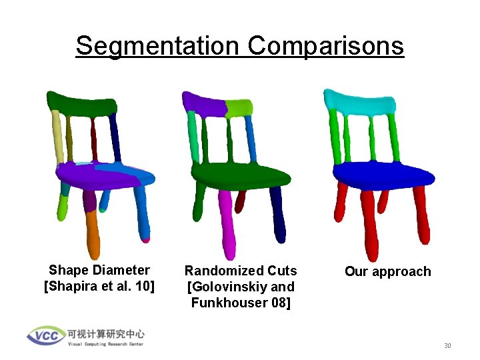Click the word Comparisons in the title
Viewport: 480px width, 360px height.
pos(325,46)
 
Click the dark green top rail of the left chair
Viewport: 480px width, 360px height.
pos(84,103)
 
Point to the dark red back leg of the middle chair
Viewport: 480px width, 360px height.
pos(241,198)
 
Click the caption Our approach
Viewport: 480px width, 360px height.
pos(387,272)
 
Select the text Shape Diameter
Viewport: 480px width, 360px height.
pos(99,270)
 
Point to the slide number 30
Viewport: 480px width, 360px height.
pos(448,345)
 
